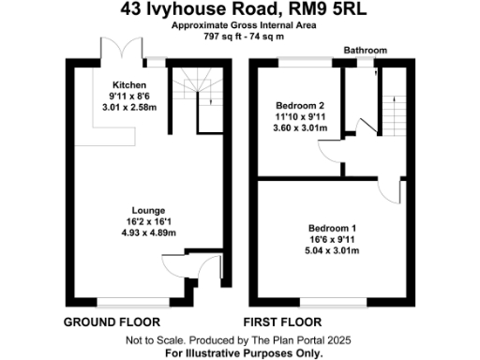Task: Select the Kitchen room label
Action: (127, 83)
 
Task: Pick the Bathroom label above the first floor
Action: (365, 50)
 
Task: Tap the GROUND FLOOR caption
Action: (109, 322)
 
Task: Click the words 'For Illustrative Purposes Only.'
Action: (244, 352)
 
